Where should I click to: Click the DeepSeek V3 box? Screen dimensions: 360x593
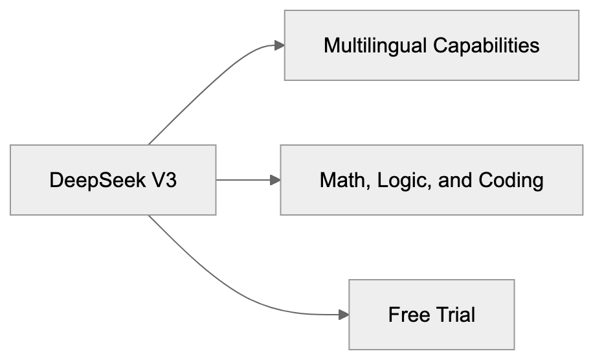[113, 180]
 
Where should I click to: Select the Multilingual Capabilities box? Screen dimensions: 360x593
[431, 45]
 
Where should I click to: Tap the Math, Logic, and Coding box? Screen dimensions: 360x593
[431, 180]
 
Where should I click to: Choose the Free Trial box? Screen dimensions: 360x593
[431, 315]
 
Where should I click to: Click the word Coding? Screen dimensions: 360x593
[511, 180]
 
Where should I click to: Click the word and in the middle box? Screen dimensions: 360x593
[456, 180]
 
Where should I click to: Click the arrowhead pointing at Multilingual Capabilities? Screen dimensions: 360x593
[279, 45]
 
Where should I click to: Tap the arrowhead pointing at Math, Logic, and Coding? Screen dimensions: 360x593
[275, 180]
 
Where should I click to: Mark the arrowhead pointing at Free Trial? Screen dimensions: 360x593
[344, 315]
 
